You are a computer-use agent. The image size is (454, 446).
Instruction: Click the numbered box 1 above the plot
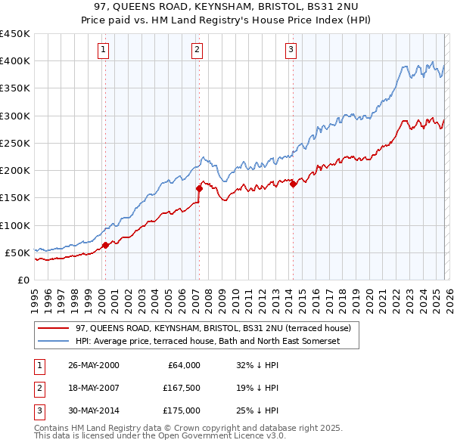click(x=103, y=51)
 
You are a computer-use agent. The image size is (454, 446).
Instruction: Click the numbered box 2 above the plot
click(x=197, y=51)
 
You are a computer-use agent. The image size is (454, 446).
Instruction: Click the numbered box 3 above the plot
click(x=291, y=51)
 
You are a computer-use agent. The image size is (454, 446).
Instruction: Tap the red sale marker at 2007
click(x=199, y=188)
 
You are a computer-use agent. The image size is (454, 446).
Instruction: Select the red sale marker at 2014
click(x=293, y=184)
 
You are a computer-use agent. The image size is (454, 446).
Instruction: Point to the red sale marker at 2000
click(x=106, y=244)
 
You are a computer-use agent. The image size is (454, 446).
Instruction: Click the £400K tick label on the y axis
click(x=14, y=61)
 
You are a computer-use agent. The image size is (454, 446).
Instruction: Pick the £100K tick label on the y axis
click(x=14, y=225)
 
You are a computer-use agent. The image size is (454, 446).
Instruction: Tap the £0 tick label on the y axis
click(x=22, y=280)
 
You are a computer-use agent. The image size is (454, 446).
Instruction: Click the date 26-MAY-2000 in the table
click(x=94, y=364)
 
